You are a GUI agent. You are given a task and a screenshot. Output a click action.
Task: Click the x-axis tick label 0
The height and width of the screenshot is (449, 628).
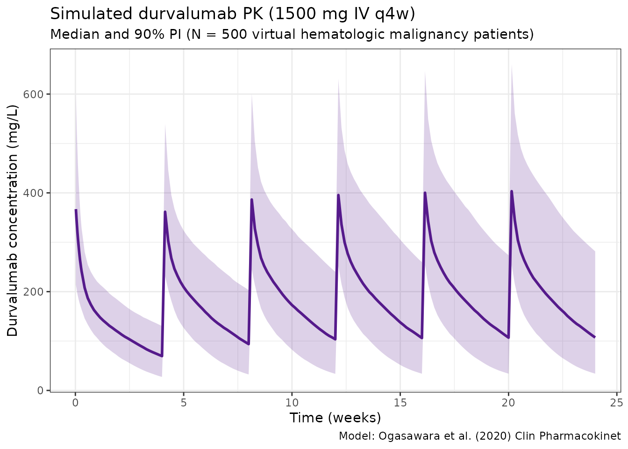click(75, 402)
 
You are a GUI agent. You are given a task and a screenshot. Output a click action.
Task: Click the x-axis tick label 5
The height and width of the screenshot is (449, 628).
click(184, 402)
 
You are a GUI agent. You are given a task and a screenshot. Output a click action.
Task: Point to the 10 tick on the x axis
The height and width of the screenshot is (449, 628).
click(292, 402)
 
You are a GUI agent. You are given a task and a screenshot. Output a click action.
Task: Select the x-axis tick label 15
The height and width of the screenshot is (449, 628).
click(400, 402)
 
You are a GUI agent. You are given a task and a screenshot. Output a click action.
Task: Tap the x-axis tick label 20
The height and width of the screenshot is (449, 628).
click(508, 402)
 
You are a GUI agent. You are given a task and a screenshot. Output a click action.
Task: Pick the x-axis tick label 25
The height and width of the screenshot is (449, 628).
click(616, 402)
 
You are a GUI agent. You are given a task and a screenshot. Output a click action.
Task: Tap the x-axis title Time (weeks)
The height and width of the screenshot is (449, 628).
click(335, 418)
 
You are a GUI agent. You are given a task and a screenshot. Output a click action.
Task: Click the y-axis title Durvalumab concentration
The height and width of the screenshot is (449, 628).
click(13, 220)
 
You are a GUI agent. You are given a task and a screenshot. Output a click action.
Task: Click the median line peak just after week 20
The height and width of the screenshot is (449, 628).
click(512, 191)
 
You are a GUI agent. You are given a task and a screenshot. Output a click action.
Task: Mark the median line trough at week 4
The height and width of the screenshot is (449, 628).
click(162, 356)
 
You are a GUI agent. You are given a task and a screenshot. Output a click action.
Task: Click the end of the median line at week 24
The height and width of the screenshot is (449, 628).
click(594, 337)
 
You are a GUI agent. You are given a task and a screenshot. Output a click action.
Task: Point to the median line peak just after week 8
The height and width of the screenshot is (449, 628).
click(251, 200)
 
